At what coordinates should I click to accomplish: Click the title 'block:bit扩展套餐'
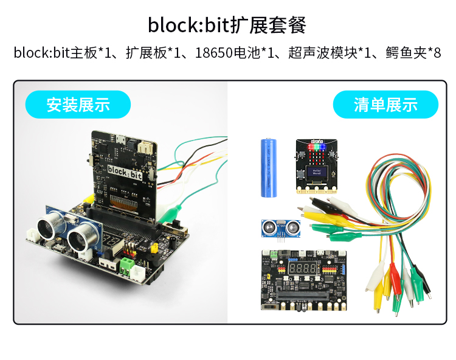pyautogui.click(x=227, y=25)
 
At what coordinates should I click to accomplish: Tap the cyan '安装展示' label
pyautogui.click(x=78, y=104)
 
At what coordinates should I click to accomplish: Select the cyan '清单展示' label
pyautogui.click(x=385, y=104)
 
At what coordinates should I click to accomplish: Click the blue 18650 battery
pyautogui.click(x=269, y=167)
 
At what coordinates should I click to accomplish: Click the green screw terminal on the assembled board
pyautogui.click(x=126, y=265)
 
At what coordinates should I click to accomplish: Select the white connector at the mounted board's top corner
pyautogui.click(x=145, y=147)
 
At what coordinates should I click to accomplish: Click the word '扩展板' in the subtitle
pyautogui.click(x=145, y=53)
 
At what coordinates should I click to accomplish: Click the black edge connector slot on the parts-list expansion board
pyautogui.click(x=304, y=296)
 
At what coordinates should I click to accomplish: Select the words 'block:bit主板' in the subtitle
pyautogui.click(x=55, y=53)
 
